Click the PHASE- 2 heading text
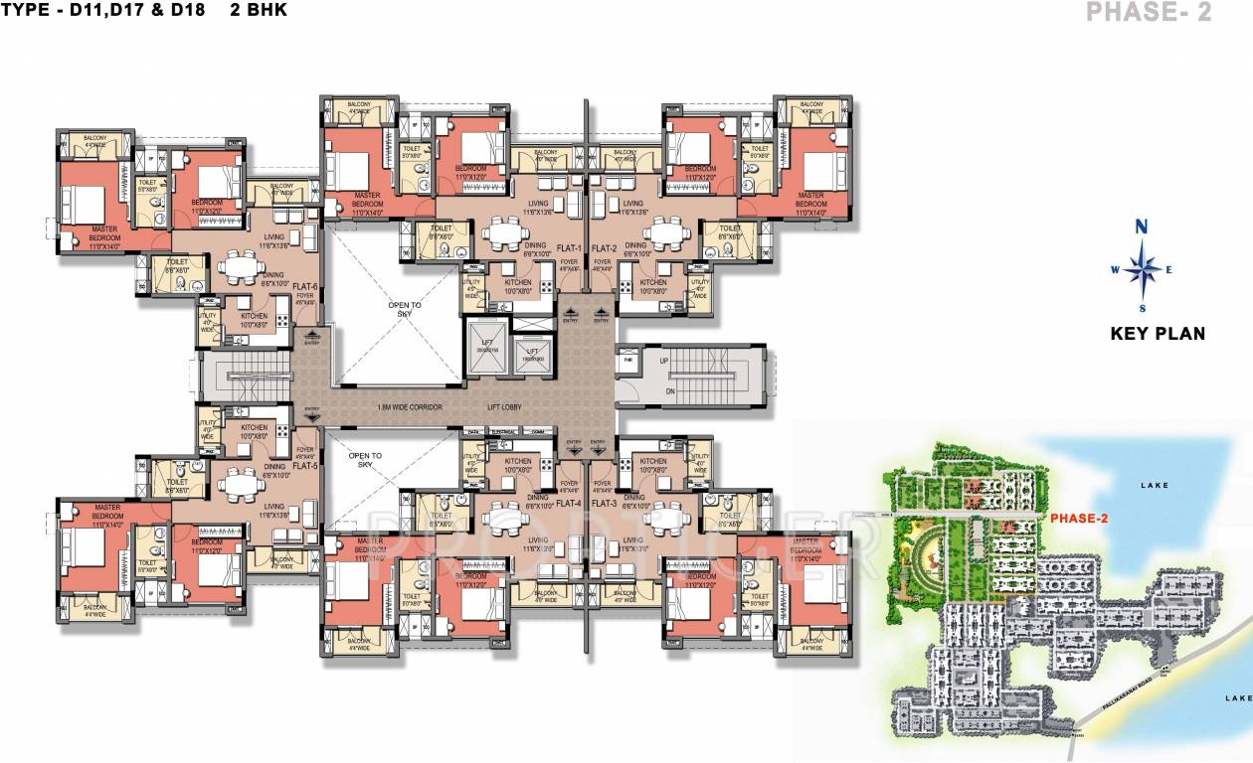pos(1148,13)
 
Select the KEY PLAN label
pos(1158,334)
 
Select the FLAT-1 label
pos(568,247)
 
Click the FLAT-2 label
pos(605,247)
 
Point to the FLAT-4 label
pos(568,504)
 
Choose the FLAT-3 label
pos(604,504)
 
